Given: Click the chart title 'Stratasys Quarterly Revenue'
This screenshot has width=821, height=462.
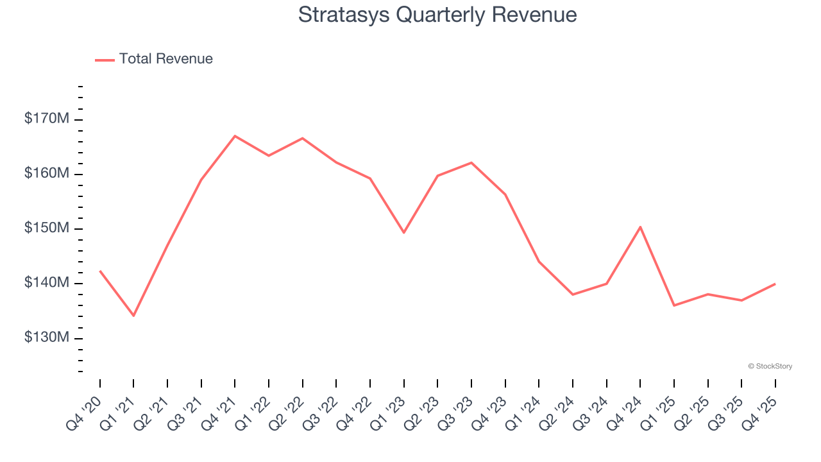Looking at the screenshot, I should (x=437, y=15).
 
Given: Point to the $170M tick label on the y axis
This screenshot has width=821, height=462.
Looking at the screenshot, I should (x=47, y=119).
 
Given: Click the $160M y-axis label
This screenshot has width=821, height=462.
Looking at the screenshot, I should (x=47, y=174).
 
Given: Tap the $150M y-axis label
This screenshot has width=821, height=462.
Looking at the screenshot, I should (x=47, y=229).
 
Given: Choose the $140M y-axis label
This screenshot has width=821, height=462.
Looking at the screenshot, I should (x=47, y=284).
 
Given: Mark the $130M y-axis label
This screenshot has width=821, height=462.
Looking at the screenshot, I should (x=47, y=338).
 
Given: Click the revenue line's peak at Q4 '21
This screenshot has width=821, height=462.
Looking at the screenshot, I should (x=235, y=136).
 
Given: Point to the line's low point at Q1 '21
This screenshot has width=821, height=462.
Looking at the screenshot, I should (x=133, y=316).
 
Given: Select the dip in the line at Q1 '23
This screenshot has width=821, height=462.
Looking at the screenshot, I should (x=404, y=232).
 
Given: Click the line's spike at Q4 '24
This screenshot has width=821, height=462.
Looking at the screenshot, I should (x=640, y=227).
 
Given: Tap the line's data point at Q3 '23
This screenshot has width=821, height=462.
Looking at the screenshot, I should (x=471, y=162).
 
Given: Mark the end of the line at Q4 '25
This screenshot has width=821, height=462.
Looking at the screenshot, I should (x=775, y=284).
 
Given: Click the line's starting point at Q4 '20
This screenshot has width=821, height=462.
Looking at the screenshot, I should (x=100, y=271).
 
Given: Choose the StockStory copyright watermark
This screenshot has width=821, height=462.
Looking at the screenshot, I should (x=770, y=366).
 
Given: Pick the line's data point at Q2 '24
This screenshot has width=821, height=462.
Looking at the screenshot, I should (x=573, y=295).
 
